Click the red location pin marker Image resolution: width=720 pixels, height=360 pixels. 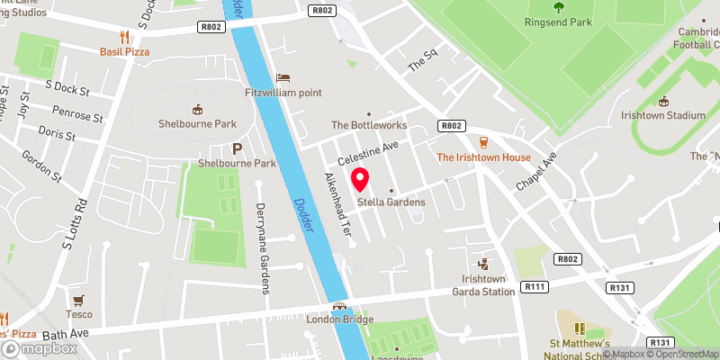[x=360, y=180]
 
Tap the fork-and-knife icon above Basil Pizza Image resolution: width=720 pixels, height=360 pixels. [x=125, y=37]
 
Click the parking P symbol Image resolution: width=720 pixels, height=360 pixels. [x=238, y=148]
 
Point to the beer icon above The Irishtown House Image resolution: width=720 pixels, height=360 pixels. [x=483, y=142]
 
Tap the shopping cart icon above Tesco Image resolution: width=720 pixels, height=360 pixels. [x=79, y=300]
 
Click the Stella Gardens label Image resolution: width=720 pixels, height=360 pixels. [x=391, y=202]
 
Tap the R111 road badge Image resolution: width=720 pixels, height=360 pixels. [x=536, y=286]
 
